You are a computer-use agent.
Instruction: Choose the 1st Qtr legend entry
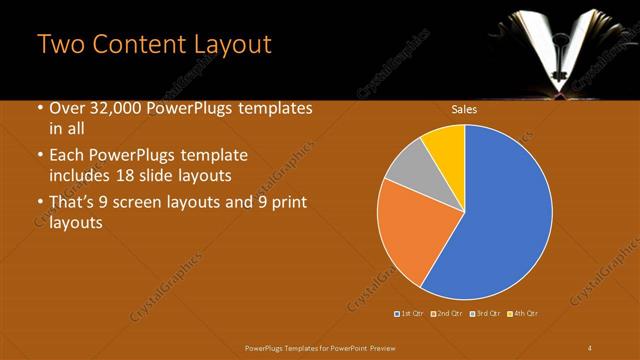click(409, 314)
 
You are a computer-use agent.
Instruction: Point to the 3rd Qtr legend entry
click(484, 314)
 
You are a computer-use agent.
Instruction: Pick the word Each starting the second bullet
click(68, 157)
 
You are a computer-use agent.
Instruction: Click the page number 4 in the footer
click(590, 346)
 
